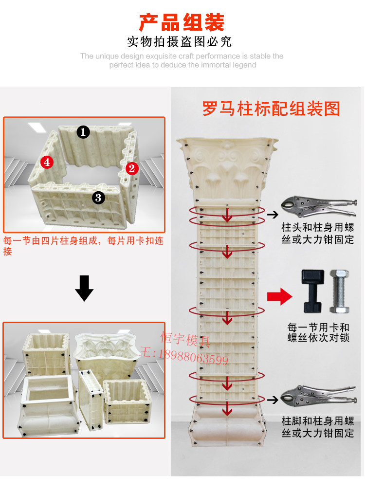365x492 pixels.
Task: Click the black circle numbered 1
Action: click(x=83, y=131)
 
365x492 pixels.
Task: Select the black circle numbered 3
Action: click(x=98, y=197)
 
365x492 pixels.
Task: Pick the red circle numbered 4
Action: click(x=47, y=162)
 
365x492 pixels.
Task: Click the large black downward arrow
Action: click(x=84, y=288)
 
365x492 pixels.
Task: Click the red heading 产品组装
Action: click(x=182, y=22)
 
